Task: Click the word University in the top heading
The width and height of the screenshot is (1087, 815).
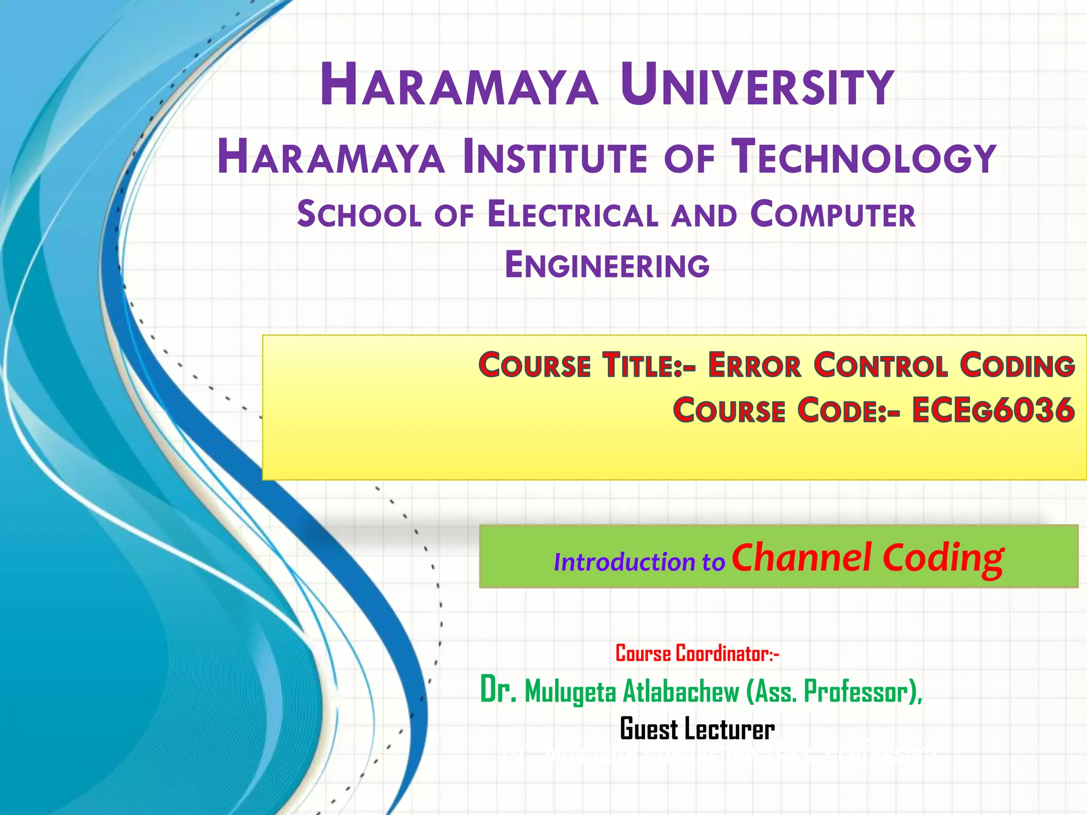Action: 757,86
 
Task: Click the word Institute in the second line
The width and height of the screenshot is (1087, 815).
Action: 555,157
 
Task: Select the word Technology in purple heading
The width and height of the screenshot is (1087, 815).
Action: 863,157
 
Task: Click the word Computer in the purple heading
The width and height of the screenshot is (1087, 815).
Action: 833,215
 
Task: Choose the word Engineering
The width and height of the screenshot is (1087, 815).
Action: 607,265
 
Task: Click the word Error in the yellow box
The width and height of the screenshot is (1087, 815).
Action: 754,366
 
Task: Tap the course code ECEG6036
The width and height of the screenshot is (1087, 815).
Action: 993,411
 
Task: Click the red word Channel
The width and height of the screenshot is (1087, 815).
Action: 801,558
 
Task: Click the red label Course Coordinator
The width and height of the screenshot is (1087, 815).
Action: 697,654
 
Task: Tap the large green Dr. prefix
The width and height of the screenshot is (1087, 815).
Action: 498,690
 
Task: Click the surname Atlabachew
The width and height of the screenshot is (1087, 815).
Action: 680,692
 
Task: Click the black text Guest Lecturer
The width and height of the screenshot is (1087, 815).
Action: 697,730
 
